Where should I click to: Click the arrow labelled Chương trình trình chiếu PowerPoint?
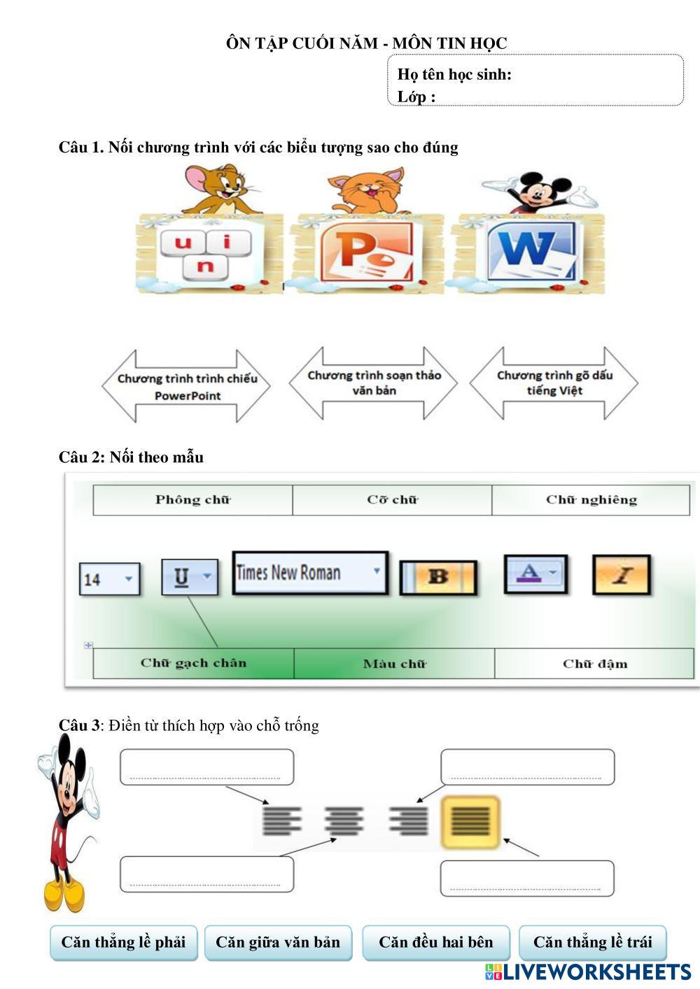point(186,386)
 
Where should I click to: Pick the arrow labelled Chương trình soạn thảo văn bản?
point(373,383)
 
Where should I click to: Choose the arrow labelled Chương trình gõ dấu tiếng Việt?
point(554,383)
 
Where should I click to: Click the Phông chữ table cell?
point(192,500)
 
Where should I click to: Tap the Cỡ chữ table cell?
point(392,500)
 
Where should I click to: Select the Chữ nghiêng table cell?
point(591,500)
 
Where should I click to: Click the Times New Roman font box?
point(310,573)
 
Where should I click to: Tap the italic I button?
point(622,575)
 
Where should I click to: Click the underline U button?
point(189,577)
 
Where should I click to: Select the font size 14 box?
point(109,579)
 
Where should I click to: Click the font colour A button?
point(535,574)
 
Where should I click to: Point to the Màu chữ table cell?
point(394,664)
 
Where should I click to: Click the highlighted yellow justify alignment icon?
point(470,822)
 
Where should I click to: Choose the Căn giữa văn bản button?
point(278,943)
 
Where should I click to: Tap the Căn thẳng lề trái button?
point(592,943)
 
